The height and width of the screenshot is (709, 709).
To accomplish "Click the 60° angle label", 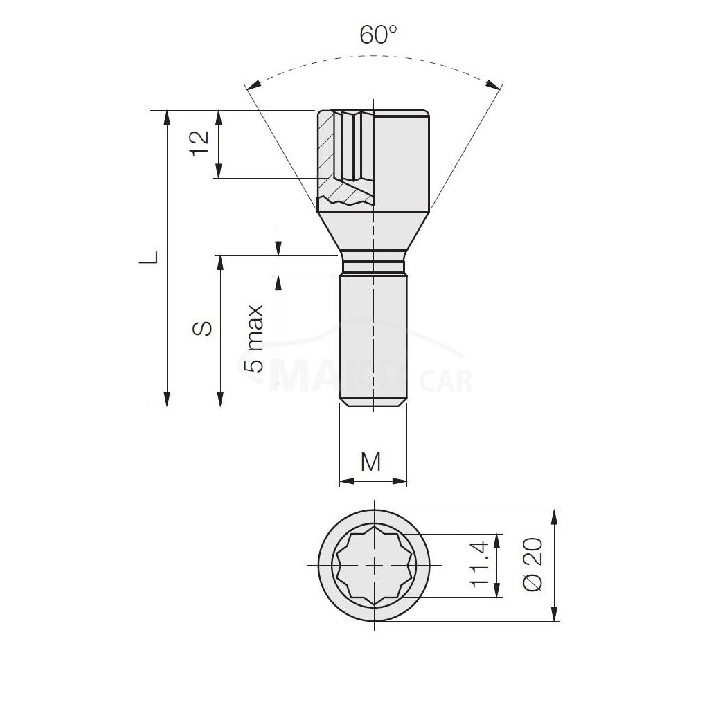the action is pos(378,35).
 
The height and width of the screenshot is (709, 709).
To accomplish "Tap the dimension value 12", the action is pos(199,143).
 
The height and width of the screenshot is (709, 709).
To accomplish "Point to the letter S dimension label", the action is pos(201,329).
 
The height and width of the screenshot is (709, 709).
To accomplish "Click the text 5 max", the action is pos(253,338).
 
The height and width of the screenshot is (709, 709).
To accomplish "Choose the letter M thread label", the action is pos(371,462).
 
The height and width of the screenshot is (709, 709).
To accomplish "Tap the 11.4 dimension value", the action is pos(480,564).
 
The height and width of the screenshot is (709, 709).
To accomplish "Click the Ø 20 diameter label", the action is pos(532,564).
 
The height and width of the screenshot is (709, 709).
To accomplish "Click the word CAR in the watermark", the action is pos(445,382).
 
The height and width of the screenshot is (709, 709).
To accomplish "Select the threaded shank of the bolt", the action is pos(373,340).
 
